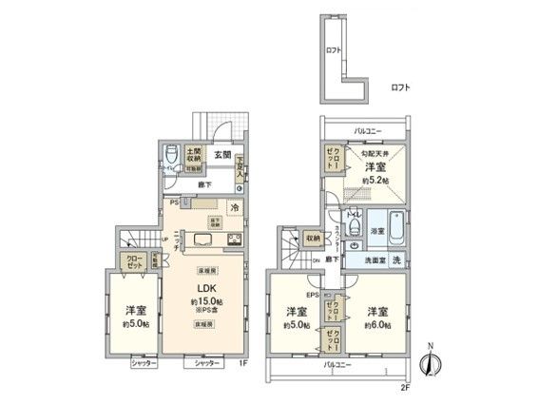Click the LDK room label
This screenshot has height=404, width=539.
pyautogui.click(x=204, y=292)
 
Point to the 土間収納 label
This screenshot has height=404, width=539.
pyautogui.click(x=192, y=154)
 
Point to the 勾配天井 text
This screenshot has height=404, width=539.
pyautogui.click(x=375, y=155)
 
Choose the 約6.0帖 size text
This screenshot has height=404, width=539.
pyautogui.click(x=377, y=325)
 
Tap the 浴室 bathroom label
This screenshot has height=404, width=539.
pyautogui.click(x=377, y=231)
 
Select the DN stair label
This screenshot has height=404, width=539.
pyautogui.click(x=316, y=259)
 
